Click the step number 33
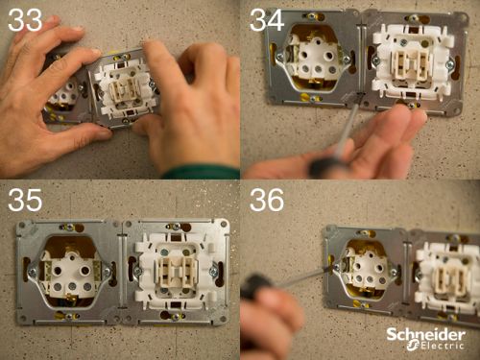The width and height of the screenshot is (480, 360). click(x=25, y=20)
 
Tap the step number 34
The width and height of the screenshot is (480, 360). click(x=267, y=20)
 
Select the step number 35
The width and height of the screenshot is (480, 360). click(x=25, y=200)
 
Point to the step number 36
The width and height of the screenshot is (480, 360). click(x=267, y=200)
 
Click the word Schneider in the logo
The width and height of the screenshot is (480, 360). click(x=426, y=335)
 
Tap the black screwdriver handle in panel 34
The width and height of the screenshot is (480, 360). click(x=324, y=167)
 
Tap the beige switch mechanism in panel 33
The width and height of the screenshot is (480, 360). click(x=123, y=90)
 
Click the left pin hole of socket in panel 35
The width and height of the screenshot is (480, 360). click(x=58, y=271)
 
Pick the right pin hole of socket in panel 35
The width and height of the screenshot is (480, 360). click(x=85, y=271)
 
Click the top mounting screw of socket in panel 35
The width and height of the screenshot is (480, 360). click(x=69, y=228)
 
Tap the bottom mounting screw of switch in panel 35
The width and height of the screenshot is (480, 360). click(x=176, y=317)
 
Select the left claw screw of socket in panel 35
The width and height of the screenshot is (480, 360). click(x=32, y=273)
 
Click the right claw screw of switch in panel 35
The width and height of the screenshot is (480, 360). click(x=214, y=272)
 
